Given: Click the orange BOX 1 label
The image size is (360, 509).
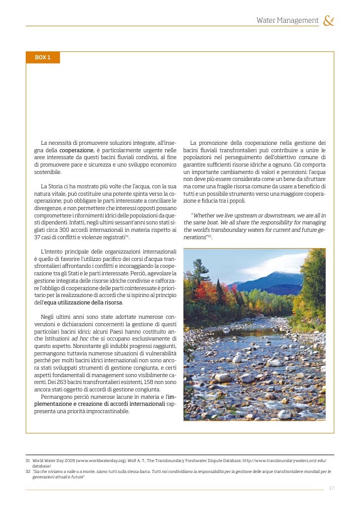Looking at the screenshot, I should [x=43, y=57].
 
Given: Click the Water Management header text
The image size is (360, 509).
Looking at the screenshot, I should [x=287, y=20].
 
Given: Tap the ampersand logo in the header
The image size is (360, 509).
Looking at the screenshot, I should [x=328, y=21].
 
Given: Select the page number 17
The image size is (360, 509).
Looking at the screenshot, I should [x=331, y=488].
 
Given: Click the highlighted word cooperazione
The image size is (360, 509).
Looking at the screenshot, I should [x=77, y=150].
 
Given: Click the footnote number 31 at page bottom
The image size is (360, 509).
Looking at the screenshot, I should [x=28, y=460].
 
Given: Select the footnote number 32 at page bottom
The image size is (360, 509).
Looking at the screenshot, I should [x=28, y=471].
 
